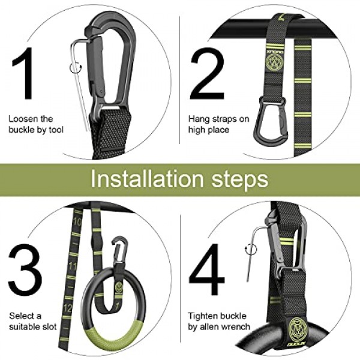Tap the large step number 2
(208, 73)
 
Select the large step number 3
(25, 270)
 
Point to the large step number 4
(206, 269)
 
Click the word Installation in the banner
(148, 179)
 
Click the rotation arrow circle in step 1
(76, 67)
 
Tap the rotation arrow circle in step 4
(250, 250)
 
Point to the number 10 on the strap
(77, 222)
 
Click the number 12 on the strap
(67, 308)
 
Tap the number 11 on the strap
(72, 266)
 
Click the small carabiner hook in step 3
(119, 250)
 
